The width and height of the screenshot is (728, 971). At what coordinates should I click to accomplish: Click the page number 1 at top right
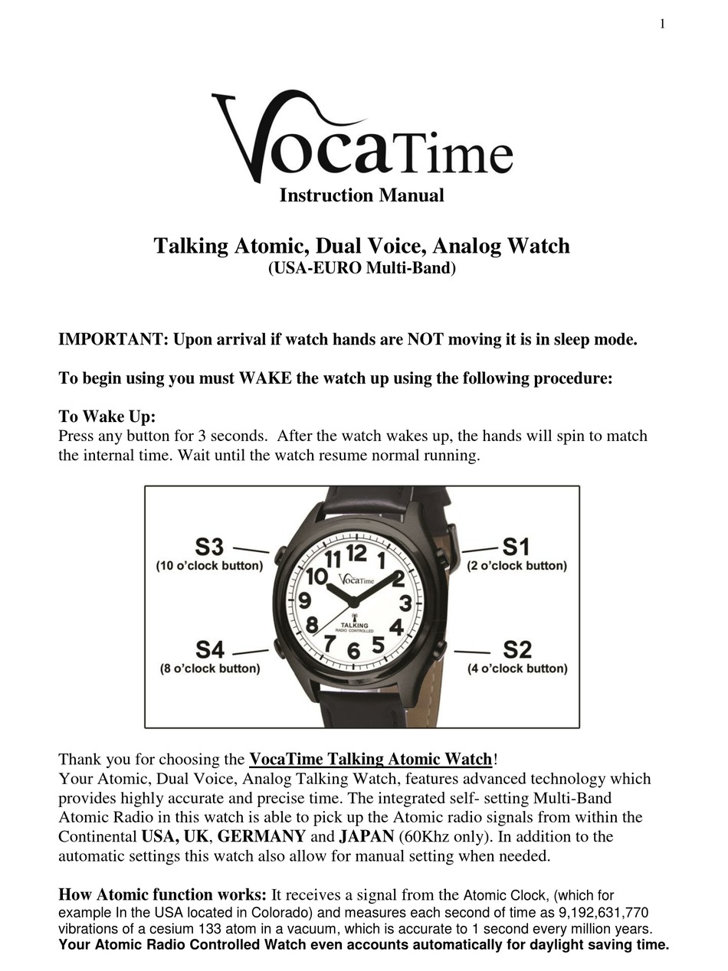coord(662,24)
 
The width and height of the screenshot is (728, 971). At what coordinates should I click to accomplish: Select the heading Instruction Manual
coord(362,195)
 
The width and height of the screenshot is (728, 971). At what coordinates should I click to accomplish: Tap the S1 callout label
coord(516,547)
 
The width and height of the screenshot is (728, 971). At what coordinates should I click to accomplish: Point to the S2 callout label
coord(516,649)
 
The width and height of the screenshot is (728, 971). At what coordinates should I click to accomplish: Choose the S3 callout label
coord(208,547)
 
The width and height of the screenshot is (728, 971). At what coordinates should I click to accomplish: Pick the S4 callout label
coord(209,649)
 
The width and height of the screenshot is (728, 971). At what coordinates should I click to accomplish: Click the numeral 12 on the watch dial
coord(356,552)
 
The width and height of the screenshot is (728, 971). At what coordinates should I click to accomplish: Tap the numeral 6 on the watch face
coord(353,650)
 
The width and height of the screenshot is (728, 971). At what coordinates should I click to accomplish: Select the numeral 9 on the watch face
coord(304,600)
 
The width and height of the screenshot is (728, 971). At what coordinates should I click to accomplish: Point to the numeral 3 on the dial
coord(405,602)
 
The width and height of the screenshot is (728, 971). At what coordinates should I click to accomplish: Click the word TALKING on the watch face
coord(354,625)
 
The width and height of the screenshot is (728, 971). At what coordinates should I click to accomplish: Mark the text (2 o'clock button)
coord(517,566)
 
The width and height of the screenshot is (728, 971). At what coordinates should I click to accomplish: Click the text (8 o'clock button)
coord(210,669)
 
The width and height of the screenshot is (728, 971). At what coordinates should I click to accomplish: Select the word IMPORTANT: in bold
coord(113,339)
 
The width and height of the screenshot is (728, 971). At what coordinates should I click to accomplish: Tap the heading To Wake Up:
coord(107,417)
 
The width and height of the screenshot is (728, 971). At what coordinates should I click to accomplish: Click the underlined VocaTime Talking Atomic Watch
coord(370,759)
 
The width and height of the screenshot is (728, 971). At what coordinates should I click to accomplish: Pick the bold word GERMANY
coord(261,836)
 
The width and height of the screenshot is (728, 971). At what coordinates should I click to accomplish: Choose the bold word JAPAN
coord(366,836)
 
